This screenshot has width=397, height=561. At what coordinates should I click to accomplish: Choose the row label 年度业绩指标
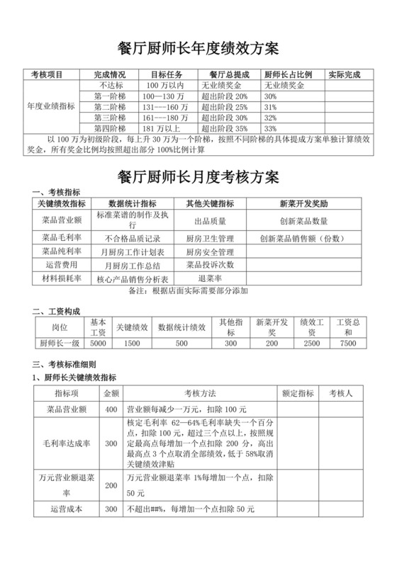[x=51, y=106]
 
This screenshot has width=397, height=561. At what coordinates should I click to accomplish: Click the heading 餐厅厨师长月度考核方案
[x=198, y=175]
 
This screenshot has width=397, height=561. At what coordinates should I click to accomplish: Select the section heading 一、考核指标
[x=57, y=192]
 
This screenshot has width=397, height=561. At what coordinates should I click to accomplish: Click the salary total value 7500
[x=348, y=343]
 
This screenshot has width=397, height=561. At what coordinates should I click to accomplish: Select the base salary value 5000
[x=99, y=343]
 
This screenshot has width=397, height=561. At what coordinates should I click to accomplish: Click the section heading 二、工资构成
[x=57, y=311]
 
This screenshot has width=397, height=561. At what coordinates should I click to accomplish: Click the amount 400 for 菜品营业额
[x=111, y=409]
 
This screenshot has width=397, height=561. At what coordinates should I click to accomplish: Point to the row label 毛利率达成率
[x=67, y=443]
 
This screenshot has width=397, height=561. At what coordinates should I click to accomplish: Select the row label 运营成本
[x=67, y=509]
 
